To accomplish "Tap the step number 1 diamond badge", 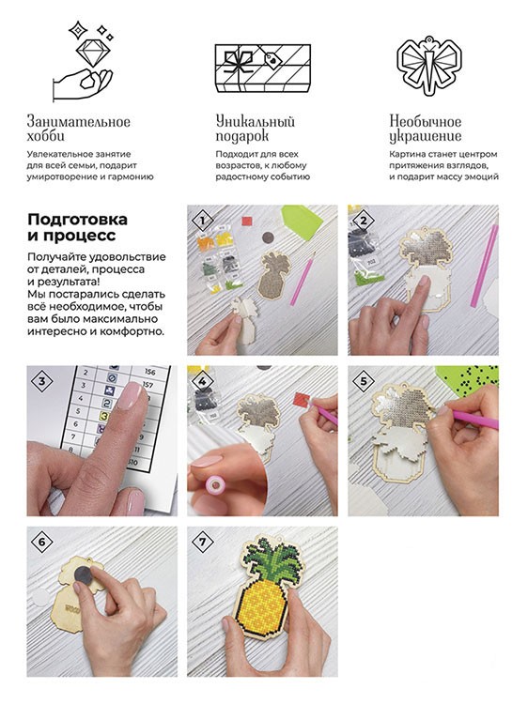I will tap(199, 221).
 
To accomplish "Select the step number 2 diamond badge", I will tap(360, 220).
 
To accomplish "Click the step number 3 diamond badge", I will tap(40, 380).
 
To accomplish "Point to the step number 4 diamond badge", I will tap(199, 380).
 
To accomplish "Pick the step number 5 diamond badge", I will tap(360, 380).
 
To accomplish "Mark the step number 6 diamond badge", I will tap(40, 542).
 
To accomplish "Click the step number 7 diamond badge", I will tap(200, 542).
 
